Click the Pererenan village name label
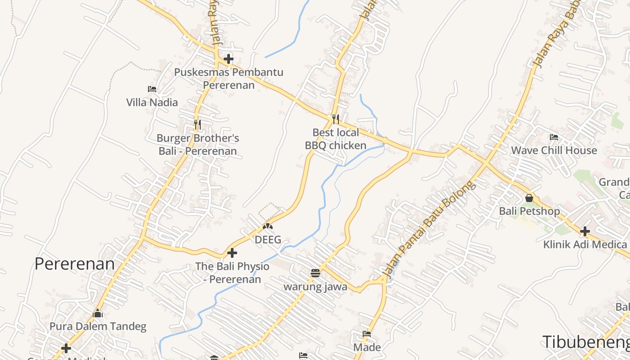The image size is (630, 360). click(75, 264)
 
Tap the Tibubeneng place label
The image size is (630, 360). click(585, 342)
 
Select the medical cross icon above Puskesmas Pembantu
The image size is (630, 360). click(229, 58)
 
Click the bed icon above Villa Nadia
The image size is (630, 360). click(152, 89)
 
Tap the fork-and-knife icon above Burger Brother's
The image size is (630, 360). click(197, 124)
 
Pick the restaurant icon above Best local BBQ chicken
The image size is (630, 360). click(335, 119)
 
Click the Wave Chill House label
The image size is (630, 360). click(553, 150)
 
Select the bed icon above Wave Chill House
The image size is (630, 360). click(554, 137)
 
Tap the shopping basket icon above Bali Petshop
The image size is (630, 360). click(529, 198)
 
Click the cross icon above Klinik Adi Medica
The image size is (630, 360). click(585, 231)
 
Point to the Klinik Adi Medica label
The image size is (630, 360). click(585, 244)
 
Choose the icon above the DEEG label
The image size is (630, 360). click(268, 226)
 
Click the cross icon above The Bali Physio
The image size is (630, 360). click(232, 253)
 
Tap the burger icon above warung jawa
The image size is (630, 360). click(315, 273)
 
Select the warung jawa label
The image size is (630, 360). click(315, 287)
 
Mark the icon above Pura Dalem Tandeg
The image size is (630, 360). click(98, 313)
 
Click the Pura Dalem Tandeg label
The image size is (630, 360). click(98, 326)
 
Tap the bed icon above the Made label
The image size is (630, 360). click(367, 334)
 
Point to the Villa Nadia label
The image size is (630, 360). click(152, 102)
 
